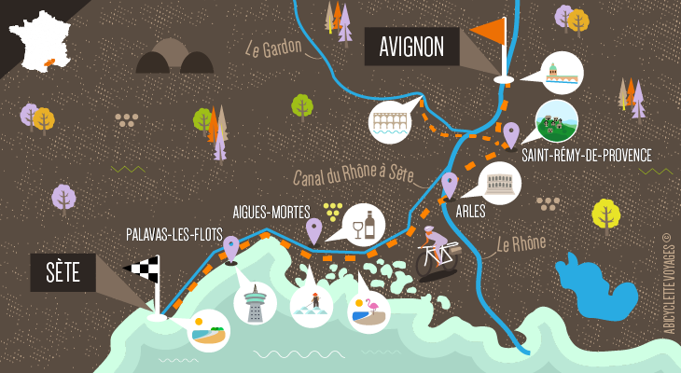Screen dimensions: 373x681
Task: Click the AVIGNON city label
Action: point(411,46)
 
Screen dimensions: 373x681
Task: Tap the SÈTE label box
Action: point(63,272)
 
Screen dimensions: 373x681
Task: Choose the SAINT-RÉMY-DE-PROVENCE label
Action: point(587,156)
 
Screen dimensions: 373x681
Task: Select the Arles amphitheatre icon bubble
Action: point(500,182)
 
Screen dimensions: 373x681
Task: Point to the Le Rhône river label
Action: point(521,245)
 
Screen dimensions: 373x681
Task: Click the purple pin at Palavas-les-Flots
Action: point(231,248)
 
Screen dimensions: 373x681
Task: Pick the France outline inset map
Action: point(42,42)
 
